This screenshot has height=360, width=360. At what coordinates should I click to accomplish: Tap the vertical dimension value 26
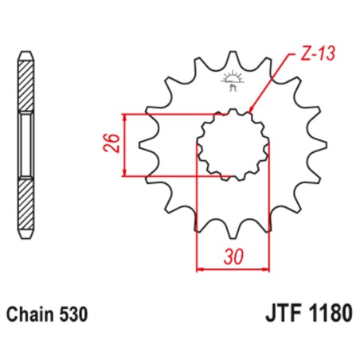click(x=113, y=144)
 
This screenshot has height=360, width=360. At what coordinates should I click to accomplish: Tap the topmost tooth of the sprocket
click(x=233, y=57)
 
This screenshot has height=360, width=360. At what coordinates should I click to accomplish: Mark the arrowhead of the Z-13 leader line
click(x=252, y=111)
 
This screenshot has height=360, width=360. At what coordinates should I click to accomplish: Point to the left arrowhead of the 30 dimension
click(x=199, y=270)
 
